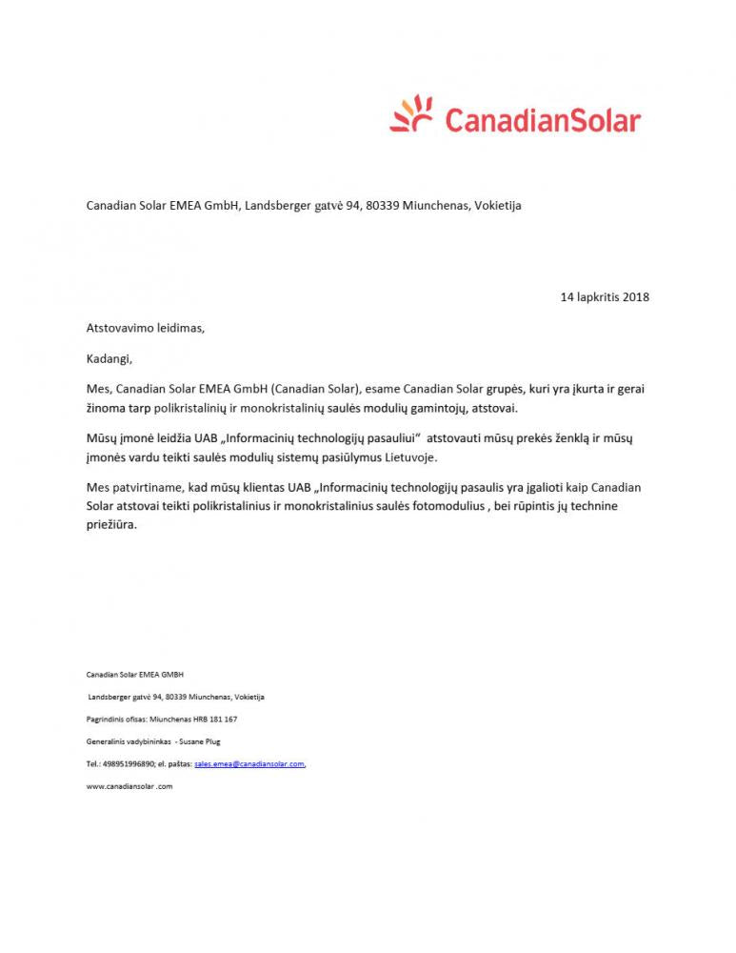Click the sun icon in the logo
[x=412, y=115]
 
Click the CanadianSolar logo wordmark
[x=543, y=121]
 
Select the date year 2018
[x=635, y=297]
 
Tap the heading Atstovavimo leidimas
[x=145, y=328]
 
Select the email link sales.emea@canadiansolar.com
[x=249, y=764]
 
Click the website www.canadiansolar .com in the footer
[x=129, y=786]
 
